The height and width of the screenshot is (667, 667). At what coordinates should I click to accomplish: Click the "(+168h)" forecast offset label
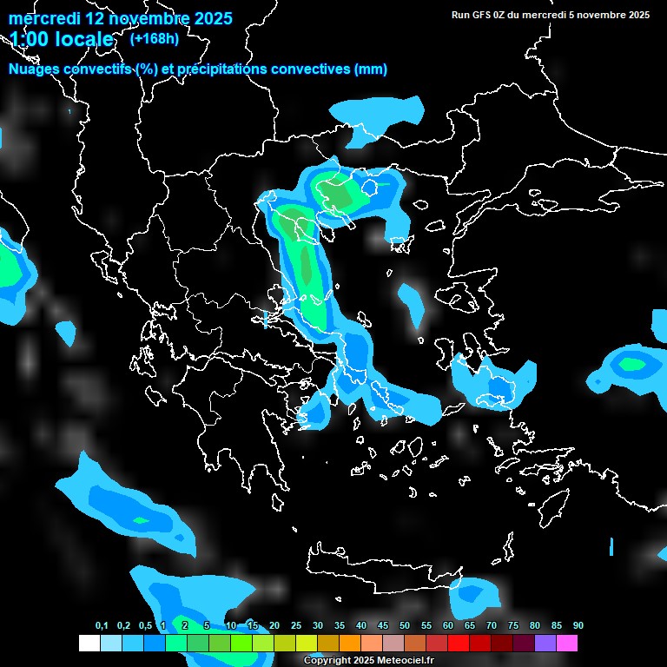tap(154, 38)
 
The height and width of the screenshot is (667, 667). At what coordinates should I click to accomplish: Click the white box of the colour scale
tap(89, 643)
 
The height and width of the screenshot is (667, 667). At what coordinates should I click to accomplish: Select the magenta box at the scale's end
tap(566, 643)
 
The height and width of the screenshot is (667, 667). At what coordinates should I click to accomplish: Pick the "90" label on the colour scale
tap(578, 625)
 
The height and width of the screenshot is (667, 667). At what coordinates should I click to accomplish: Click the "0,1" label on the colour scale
tap(102, 625)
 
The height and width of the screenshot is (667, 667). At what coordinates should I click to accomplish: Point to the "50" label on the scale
tap(405, 625)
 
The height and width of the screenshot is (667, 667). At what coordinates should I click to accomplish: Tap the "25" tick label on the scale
tap(296, 625)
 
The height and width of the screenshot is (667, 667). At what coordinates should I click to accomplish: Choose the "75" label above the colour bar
tap(513, 625)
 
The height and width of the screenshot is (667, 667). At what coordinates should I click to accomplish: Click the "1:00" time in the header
tap(27, 40)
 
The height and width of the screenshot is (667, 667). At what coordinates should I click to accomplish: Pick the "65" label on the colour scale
tap(470, 625)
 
